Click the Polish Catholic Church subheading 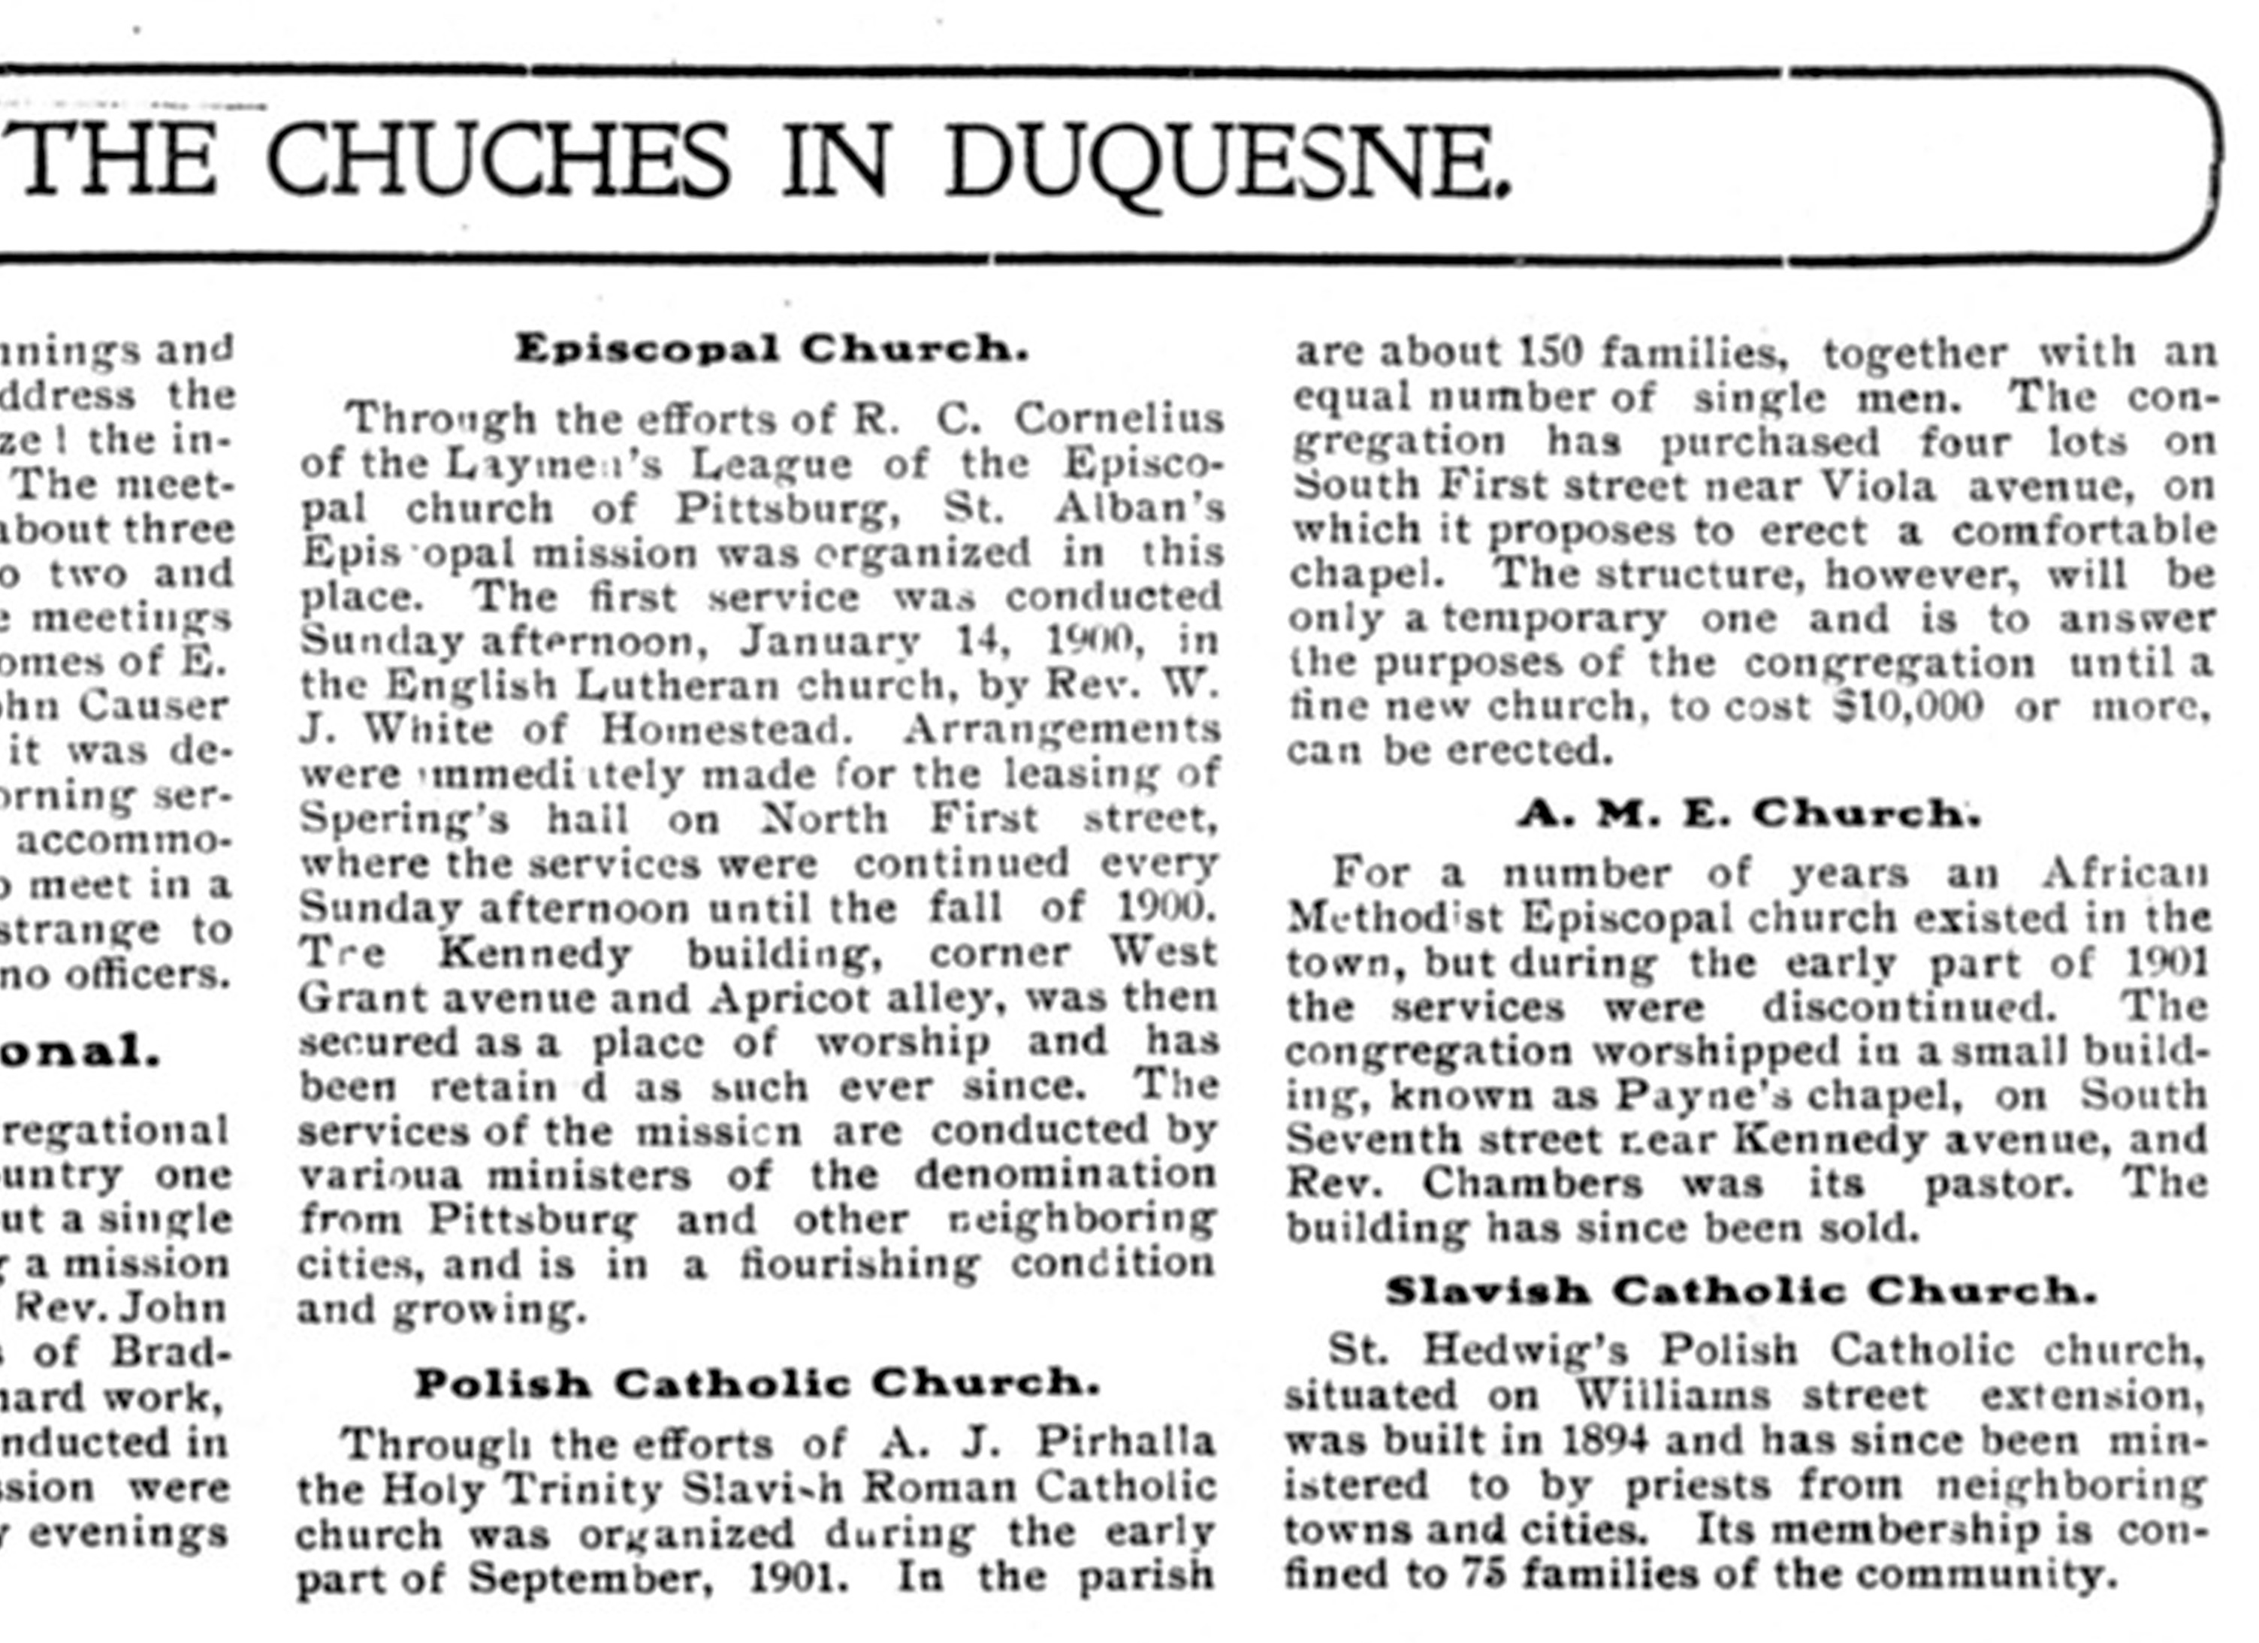pyautogui.click(x=757, y=1383)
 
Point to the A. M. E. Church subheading pyautogui.click(x=1749, y=814)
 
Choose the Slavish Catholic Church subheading pyautogui.click(x=1741, y=1291)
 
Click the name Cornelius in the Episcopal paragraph pyautogui.click(x=1119, y=418)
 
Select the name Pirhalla pyautogui.click(x=1125, y=1442)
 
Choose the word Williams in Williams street pyautogui.click(x=1672, y=1396)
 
